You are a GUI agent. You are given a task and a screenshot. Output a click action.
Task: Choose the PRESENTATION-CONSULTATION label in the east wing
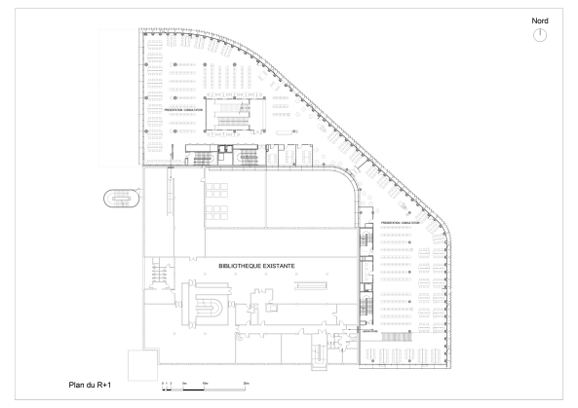(x=400, y=223)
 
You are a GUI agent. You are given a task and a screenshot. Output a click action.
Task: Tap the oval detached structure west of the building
(x=121, y=199)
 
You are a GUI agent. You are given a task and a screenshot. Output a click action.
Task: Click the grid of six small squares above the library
(x=217, y=200)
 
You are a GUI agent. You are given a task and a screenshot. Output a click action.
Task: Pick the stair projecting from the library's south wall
(x=319, y=359)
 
